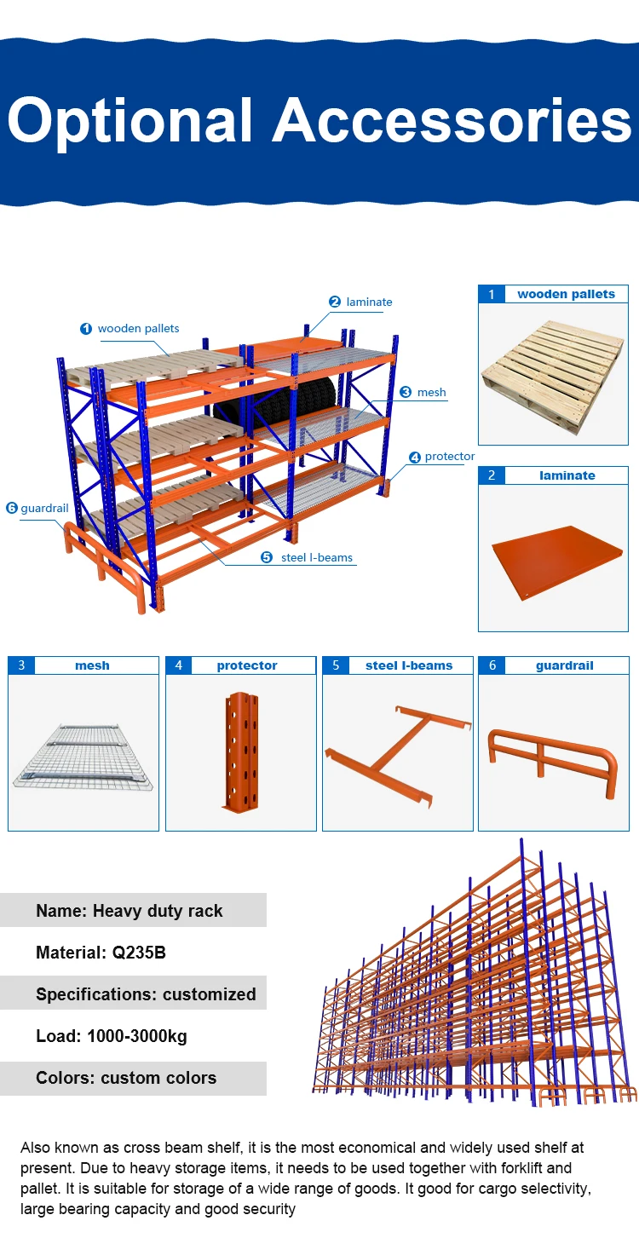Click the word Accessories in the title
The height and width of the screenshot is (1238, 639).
click(452, 120)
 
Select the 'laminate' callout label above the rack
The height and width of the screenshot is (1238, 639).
click(369, 302)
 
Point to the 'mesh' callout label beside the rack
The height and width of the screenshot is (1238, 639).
click(431, 392)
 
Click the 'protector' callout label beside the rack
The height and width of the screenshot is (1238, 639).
click(449, 457)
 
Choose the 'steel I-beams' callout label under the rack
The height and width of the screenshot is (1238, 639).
click(316, 557)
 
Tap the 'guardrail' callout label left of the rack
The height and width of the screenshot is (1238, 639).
click(44, 508)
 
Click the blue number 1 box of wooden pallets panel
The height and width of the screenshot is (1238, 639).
click(491, 294)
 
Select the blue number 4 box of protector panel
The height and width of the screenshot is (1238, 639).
click(178, 665)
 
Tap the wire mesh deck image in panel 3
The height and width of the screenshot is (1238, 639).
click(83, 756)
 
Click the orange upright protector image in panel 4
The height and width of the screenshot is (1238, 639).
click(241, 750)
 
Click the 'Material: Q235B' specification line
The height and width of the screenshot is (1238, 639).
click(101, 953)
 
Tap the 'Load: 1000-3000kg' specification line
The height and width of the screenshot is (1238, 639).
click(111, 1036)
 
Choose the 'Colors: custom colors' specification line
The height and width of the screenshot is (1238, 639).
click(126, 1078)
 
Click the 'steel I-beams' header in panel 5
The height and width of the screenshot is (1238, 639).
click(409, 665)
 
